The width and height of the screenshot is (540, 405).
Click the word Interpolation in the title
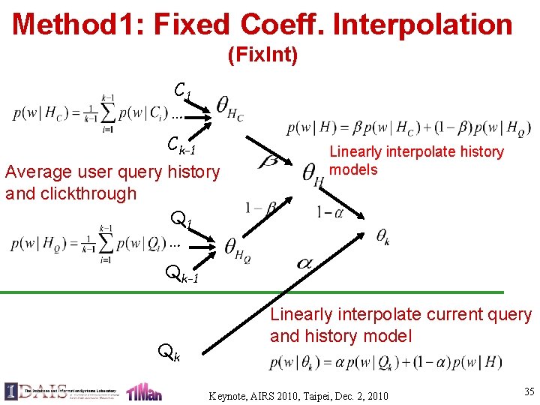click(x=422, y=24)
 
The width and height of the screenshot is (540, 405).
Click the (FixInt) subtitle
click(x=262, y=55)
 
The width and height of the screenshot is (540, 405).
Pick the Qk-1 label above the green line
click(x=182, y=275)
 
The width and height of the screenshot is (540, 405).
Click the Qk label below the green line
click(x=168, y=350)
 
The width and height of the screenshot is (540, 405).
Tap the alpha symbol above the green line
click(x=304, y=263)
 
